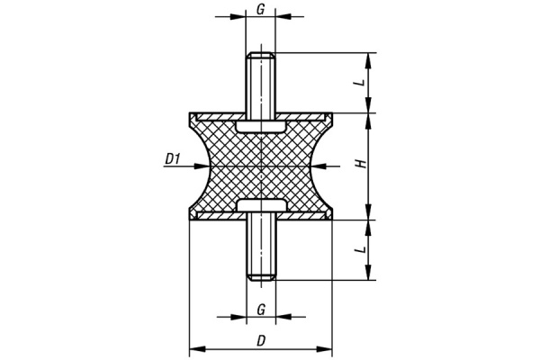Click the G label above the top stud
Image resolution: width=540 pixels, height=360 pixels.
click(x=261, y=9)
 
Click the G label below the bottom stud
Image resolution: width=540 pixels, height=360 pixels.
click(x=261, y=310)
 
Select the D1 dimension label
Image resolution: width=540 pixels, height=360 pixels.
click(x=173, y=158)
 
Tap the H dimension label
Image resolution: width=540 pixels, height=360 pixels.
click(x=360, y=164)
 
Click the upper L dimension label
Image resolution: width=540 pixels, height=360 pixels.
click(x=360, y=83)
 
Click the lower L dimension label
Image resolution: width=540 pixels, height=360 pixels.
click(x=360, y=249)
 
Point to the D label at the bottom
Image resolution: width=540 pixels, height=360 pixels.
click(x=261, y=341)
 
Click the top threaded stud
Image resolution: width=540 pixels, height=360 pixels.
click(x=260, y=83)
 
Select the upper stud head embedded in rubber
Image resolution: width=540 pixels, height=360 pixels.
click(x=261, y=126)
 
